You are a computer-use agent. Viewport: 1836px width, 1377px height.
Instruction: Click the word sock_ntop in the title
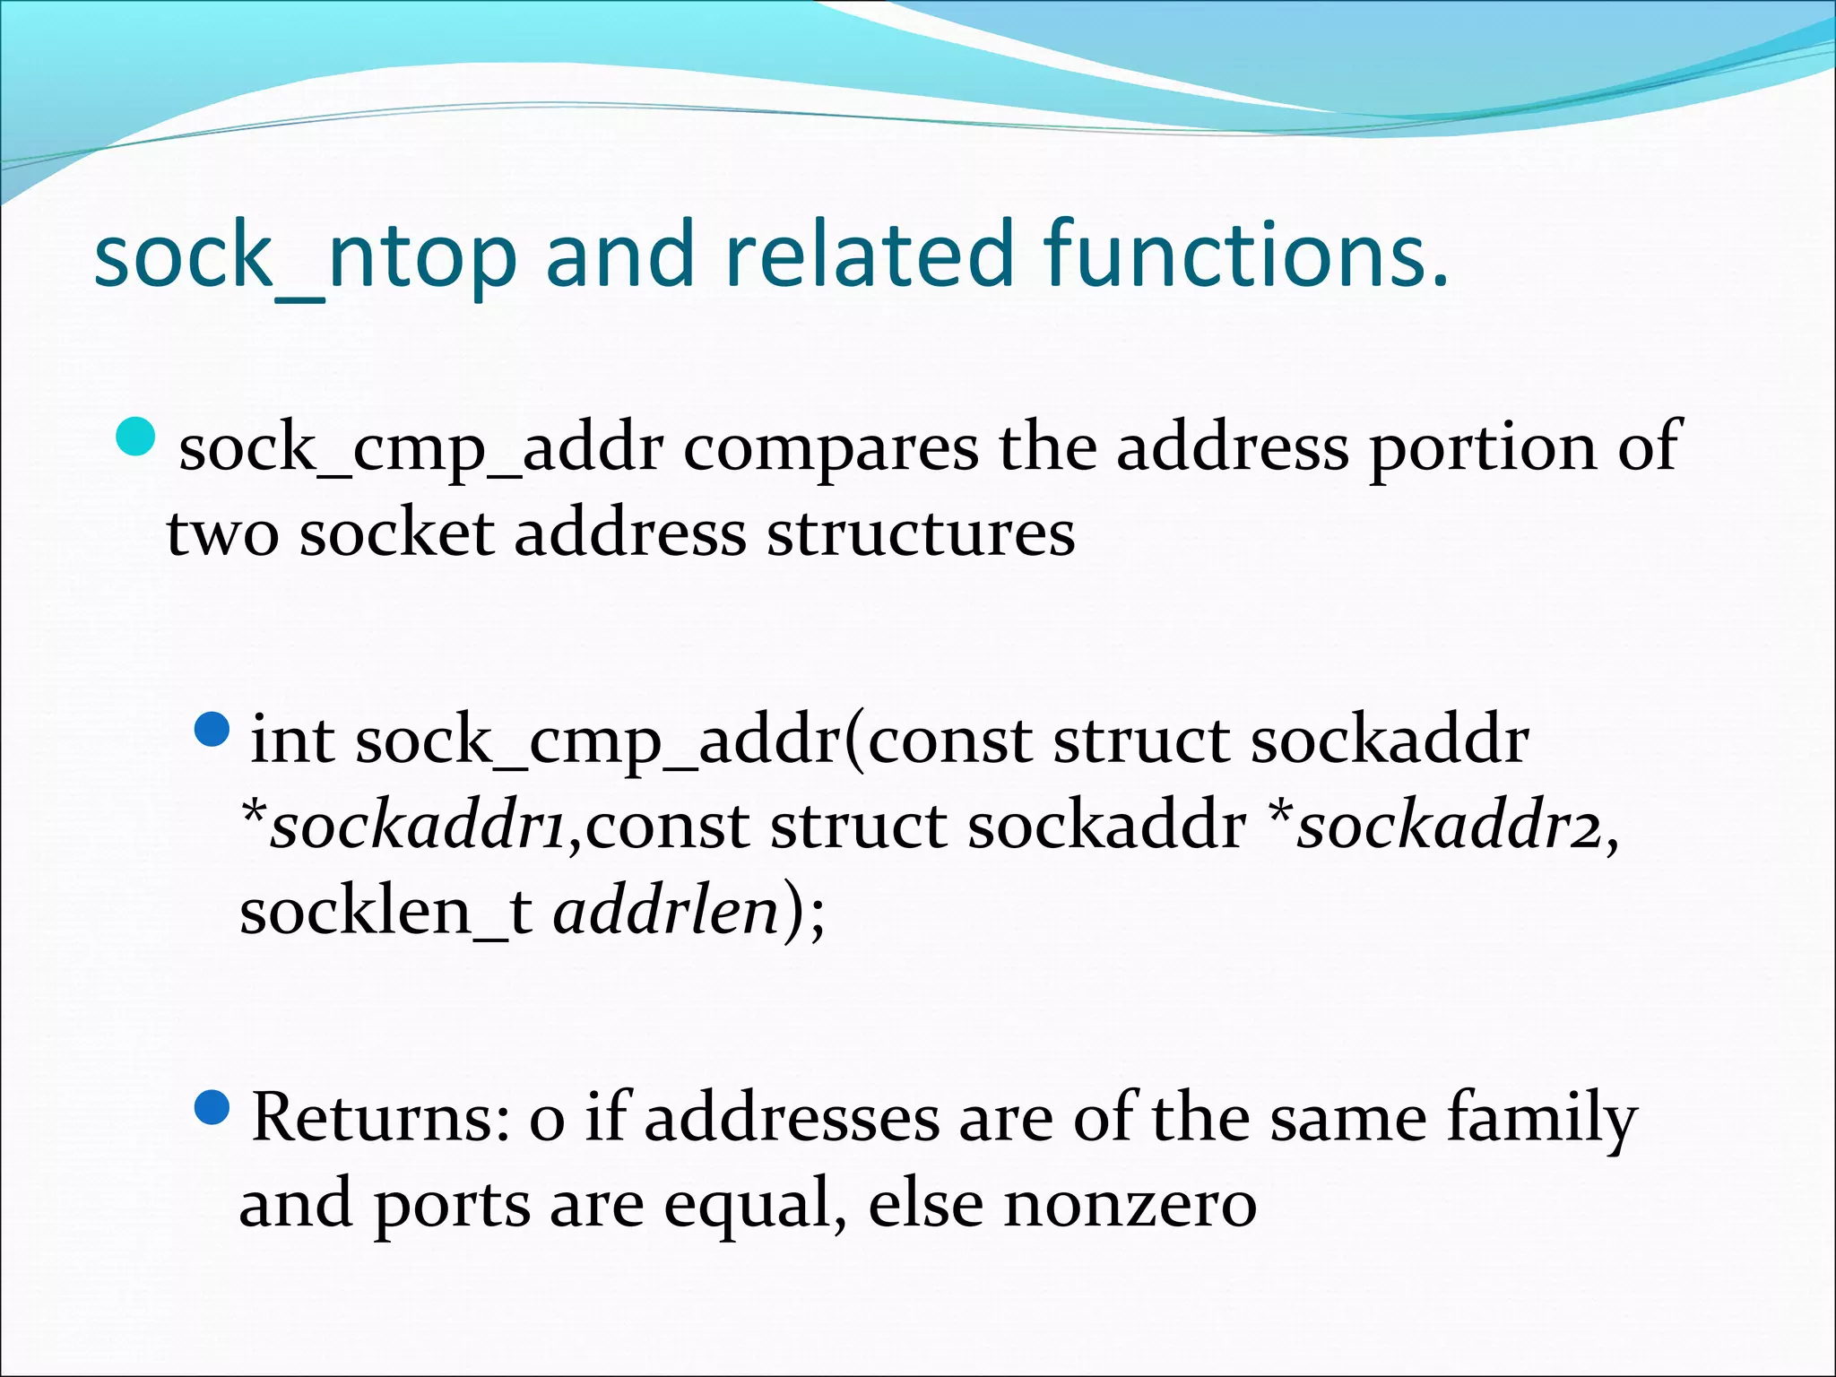pyautogui.click(x=305, y=256)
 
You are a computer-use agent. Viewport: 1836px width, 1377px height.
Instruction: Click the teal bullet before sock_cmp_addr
pyautogui.click(x=137, y=438)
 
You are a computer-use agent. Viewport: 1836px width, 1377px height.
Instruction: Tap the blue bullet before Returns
pyautogui.click(x=212, y=1108)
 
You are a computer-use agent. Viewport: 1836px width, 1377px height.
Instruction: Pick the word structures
pyautogui.click(x=920, y=534)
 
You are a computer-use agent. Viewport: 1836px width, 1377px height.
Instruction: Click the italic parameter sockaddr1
pyautogui.click(x=418, y=826)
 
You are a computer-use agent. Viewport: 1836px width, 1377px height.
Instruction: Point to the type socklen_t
pyautogui.click(x=385, y=911)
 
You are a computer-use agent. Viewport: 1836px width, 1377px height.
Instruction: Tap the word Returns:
pyautogui.click(x=382, y=1119)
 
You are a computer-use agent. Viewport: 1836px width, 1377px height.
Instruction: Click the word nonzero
pyautogui.click(x=1130, y=1205)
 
